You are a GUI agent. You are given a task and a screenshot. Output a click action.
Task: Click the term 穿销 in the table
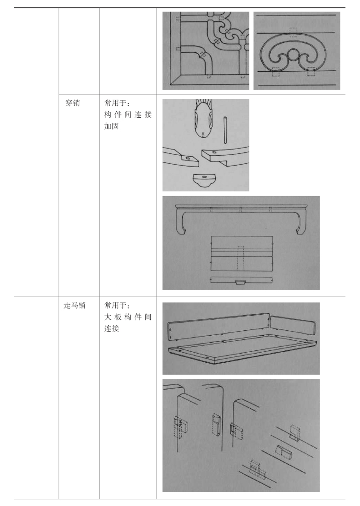pos(73,103)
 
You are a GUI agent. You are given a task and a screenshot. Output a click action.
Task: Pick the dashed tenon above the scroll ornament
pos(293,33)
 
